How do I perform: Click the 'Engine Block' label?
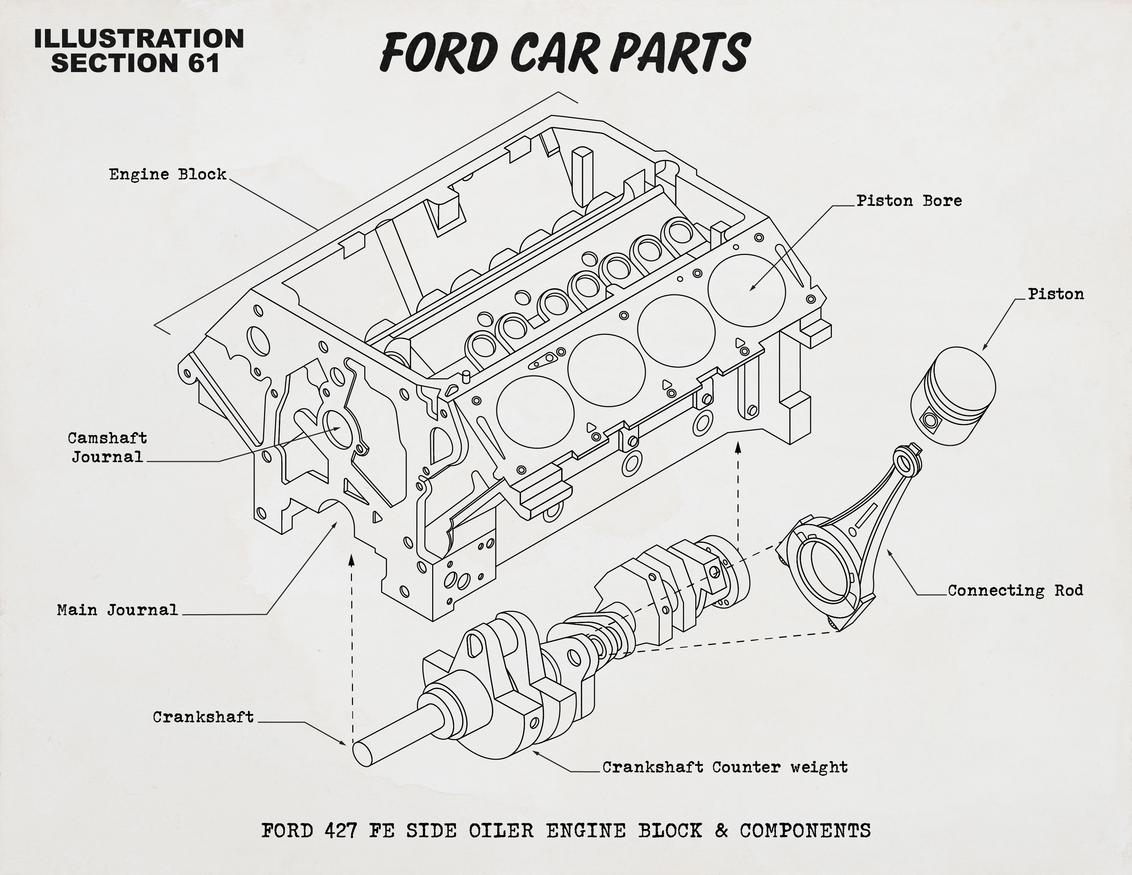[x=167, y=174]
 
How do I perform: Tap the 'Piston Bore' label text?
[x=909, y=201]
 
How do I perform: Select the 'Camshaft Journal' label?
[x=107, y=447]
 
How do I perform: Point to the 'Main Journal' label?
[x=117, y=610]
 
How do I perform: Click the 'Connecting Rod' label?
[x=1015, y=591]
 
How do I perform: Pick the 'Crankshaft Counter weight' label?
[x=724, y=767]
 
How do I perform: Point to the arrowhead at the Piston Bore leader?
[x=752, y=288]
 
